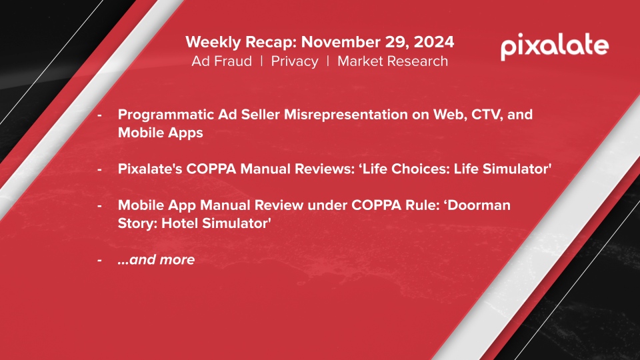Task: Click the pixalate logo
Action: coord(555,47)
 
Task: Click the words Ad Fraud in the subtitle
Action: coord(221,61)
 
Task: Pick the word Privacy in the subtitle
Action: coord(294,61)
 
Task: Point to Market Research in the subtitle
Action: coord(393,61)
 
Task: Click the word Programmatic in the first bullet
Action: coord(166,115)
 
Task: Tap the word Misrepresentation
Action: coord(346,115)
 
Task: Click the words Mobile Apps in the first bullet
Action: coord(161,133)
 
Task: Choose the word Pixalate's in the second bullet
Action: coord(150,169)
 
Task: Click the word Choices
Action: coord(421,169)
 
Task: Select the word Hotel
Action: coord(179,223)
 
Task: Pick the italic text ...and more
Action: coord(156,259)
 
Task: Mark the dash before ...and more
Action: coord(99,259)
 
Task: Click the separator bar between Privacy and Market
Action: coord(328,61)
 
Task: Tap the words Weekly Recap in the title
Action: coord(241,42)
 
